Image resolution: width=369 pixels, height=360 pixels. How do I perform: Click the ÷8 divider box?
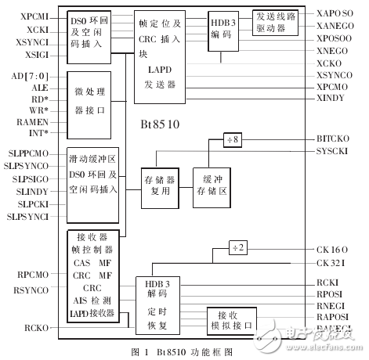pos(233,139)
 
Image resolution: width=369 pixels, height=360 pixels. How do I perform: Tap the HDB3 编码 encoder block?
pos(222,31)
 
